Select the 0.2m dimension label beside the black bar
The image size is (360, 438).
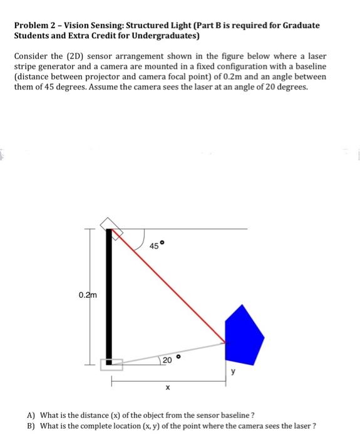click(88, 295)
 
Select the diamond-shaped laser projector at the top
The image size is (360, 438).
click(110, 227)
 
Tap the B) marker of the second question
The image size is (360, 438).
click(31, 426)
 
